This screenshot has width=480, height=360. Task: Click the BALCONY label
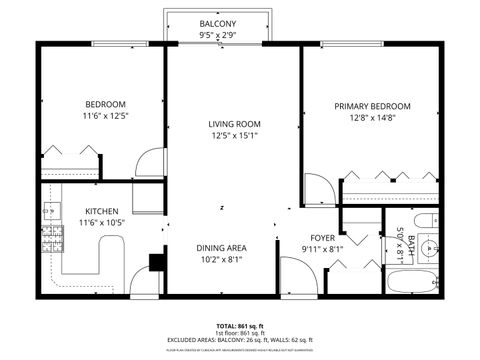coord(217,23)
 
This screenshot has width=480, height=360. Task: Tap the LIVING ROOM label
coord(234,124)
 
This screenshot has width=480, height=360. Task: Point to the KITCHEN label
coord(101,211)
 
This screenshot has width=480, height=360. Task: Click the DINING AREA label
coord(222,247)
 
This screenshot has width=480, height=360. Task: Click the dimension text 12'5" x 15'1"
coord(234,136)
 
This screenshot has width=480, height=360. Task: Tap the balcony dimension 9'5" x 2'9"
coord(217,35)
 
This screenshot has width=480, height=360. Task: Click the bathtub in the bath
coord(413,281)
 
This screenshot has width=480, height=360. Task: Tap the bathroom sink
coord(428,246)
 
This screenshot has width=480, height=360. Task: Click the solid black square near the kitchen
coord(156,262)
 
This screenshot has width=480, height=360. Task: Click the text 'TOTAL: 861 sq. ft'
coord(239,326)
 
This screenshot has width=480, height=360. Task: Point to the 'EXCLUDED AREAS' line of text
coord(239,340)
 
